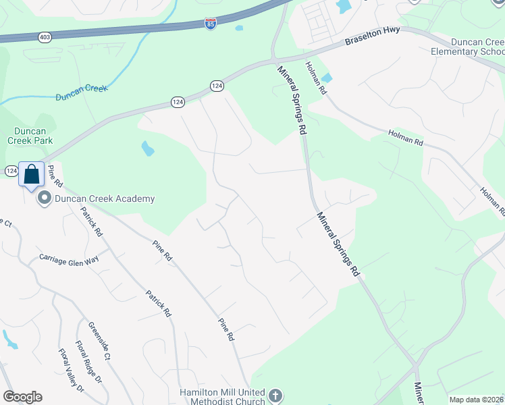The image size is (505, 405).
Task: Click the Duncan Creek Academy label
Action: [x=105, y=198]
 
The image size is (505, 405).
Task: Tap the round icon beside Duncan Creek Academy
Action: [x=45, y=198]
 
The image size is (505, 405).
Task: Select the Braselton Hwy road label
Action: [x=373, y=36]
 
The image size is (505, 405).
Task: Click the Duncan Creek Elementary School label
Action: [x=468, y=46]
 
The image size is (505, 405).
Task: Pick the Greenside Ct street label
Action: [x=99, y=341]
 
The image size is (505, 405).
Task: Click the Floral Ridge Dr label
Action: [x=88, y=361]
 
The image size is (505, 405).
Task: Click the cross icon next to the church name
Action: [x=274, y=394]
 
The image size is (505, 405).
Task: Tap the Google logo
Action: [x=22, y=397]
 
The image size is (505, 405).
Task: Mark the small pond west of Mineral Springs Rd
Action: [x=147, y=148]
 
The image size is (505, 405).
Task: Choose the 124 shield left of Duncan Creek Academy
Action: [x=11, y=171]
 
